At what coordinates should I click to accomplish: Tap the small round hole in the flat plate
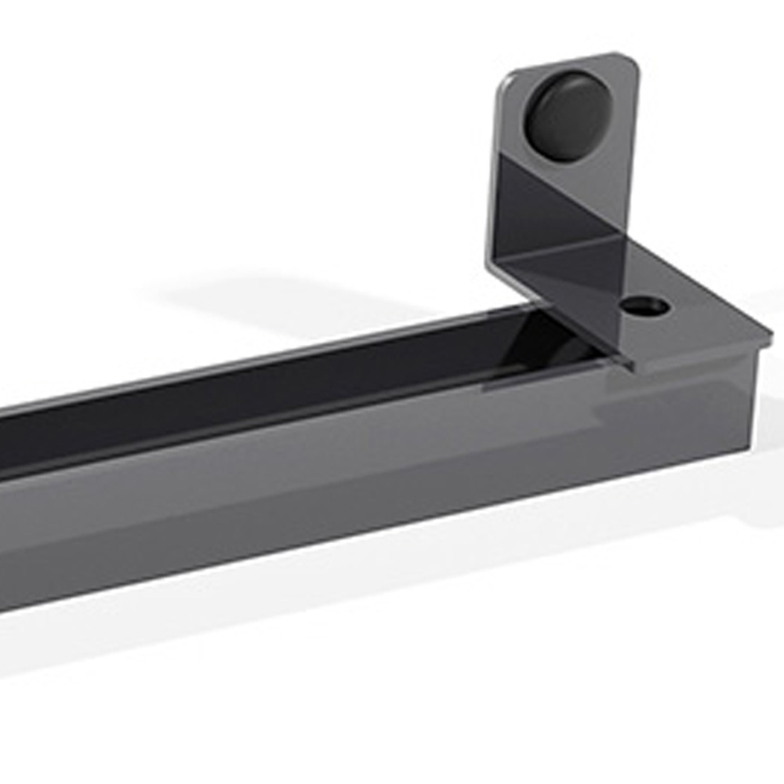tap(644, 306)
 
